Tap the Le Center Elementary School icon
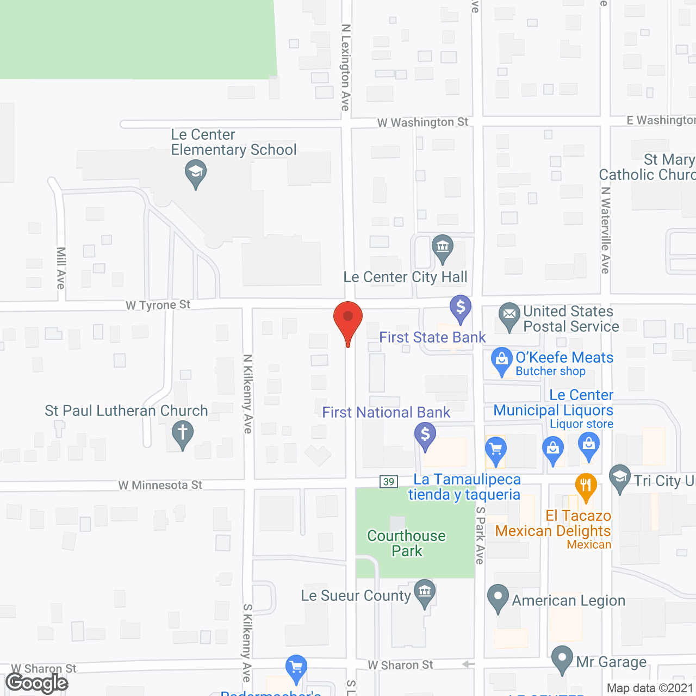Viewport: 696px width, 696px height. pyautogui.click(x=195, y=172)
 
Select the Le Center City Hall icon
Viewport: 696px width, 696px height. pyautogui.click(x=443, y=247)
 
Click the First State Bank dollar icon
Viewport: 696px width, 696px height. pyautogui.click(x=461, y=308)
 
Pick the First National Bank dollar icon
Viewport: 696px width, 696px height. pyautogui.click(x=425, y=435)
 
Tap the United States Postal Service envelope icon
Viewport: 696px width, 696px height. pyautogui.click(x=509, y=315)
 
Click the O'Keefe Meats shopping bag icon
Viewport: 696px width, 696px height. pyautogui.click(x=501, y=360)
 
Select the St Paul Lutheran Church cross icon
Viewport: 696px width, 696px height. pyautogui.click(x=182, y=434)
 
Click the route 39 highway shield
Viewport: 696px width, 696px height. pyautogui.click(x=389, y=481)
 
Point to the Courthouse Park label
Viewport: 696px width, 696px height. pyautogui.click(x=407, y=543)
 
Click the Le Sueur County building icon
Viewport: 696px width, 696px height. pyautogui.click(x=425, y=592)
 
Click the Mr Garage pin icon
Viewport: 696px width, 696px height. pyautogui.click(x=562, y=658)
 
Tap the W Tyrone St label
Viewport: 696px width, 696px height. pyautogui.click(x=158, y=305)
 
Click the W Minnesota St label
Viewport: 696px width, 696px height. pyautogui.click(x=160, y=485)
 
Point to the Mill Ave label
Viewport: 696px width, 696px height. pyautogui.click(x=61, y=268)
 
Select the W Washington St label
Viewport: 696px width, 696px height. pyautogui.click(x=422, y=122)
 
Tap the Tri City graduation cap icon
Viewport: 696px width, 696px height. pyautogui.click(x=620, y=478)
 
